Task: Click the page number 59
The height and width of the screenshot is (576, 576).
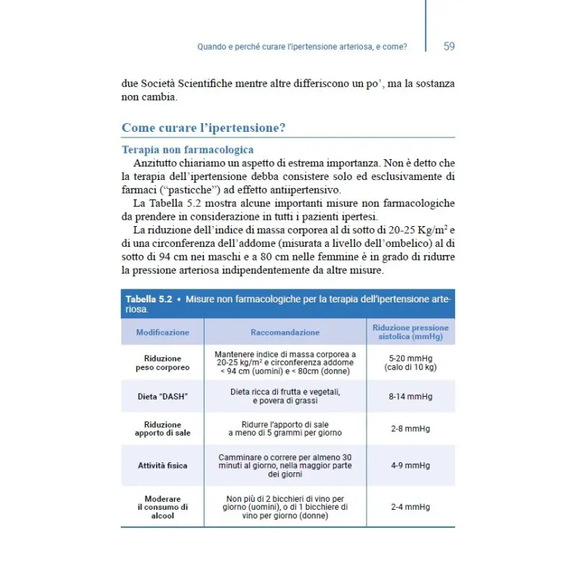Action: (x=449, y=47)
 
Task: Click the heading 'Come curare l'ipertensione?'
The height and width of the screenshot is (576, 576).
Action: (x=204, y=128)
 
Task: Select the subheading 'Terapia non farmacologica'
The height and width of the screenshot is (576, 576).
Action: (x=187, y=150)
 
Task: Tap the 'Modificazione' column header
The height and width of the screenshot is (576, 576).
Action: (x=163, y=333)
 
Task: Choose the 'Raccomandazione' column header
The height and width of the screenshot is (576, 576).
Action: (x=285, y=333)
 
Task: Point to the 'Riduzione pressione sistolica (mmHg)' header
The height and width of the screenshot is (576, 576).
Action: (x=410, y=332)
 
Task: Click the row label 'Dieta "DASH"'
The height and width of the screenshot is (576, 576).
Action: (x=163, y=396)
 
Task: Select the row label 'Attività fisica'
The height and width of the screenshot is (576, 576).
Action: (x=163, y=465)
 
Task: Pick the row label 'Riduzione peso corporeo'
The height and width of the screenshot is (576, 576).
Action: (x=163, y=363)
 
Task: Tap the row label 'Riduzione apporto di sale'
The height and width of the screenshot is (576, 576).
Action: (x=163, y=429)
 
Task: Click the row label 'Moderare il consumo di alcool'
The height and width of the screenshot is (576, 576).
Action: (x=163, y=507)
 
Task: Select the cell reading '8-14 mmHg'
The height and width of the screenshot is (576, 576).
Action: (x=410, y=396)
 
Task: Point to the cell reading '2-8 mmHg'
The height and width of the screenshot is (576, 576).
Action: (x=410, y=429)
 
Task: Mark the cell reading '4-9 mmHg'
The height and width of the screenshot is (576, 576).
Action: (x=410, y=465)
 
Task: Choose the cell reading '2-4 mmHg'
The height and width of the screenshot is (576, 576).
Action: (x=410, y=507)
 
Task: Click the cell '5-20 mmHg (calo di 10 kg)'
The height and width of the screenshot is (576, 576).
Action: (x=410, y=363)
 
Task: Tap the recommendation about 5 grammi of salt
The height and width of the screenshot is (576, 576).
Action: (x=285, y=429)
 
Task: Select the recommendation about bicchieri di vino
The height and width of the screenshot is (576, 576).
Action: (x=285, y=507)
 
